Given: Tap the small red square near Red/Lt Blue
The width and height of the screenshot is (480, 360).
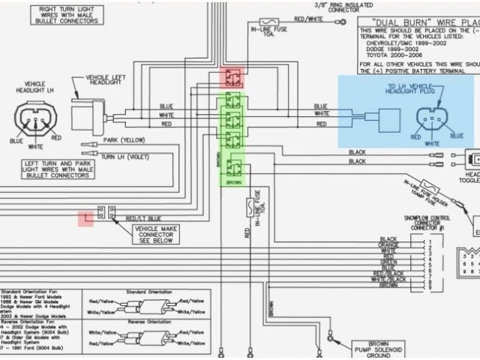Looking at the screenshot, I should tap(87, 218).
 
